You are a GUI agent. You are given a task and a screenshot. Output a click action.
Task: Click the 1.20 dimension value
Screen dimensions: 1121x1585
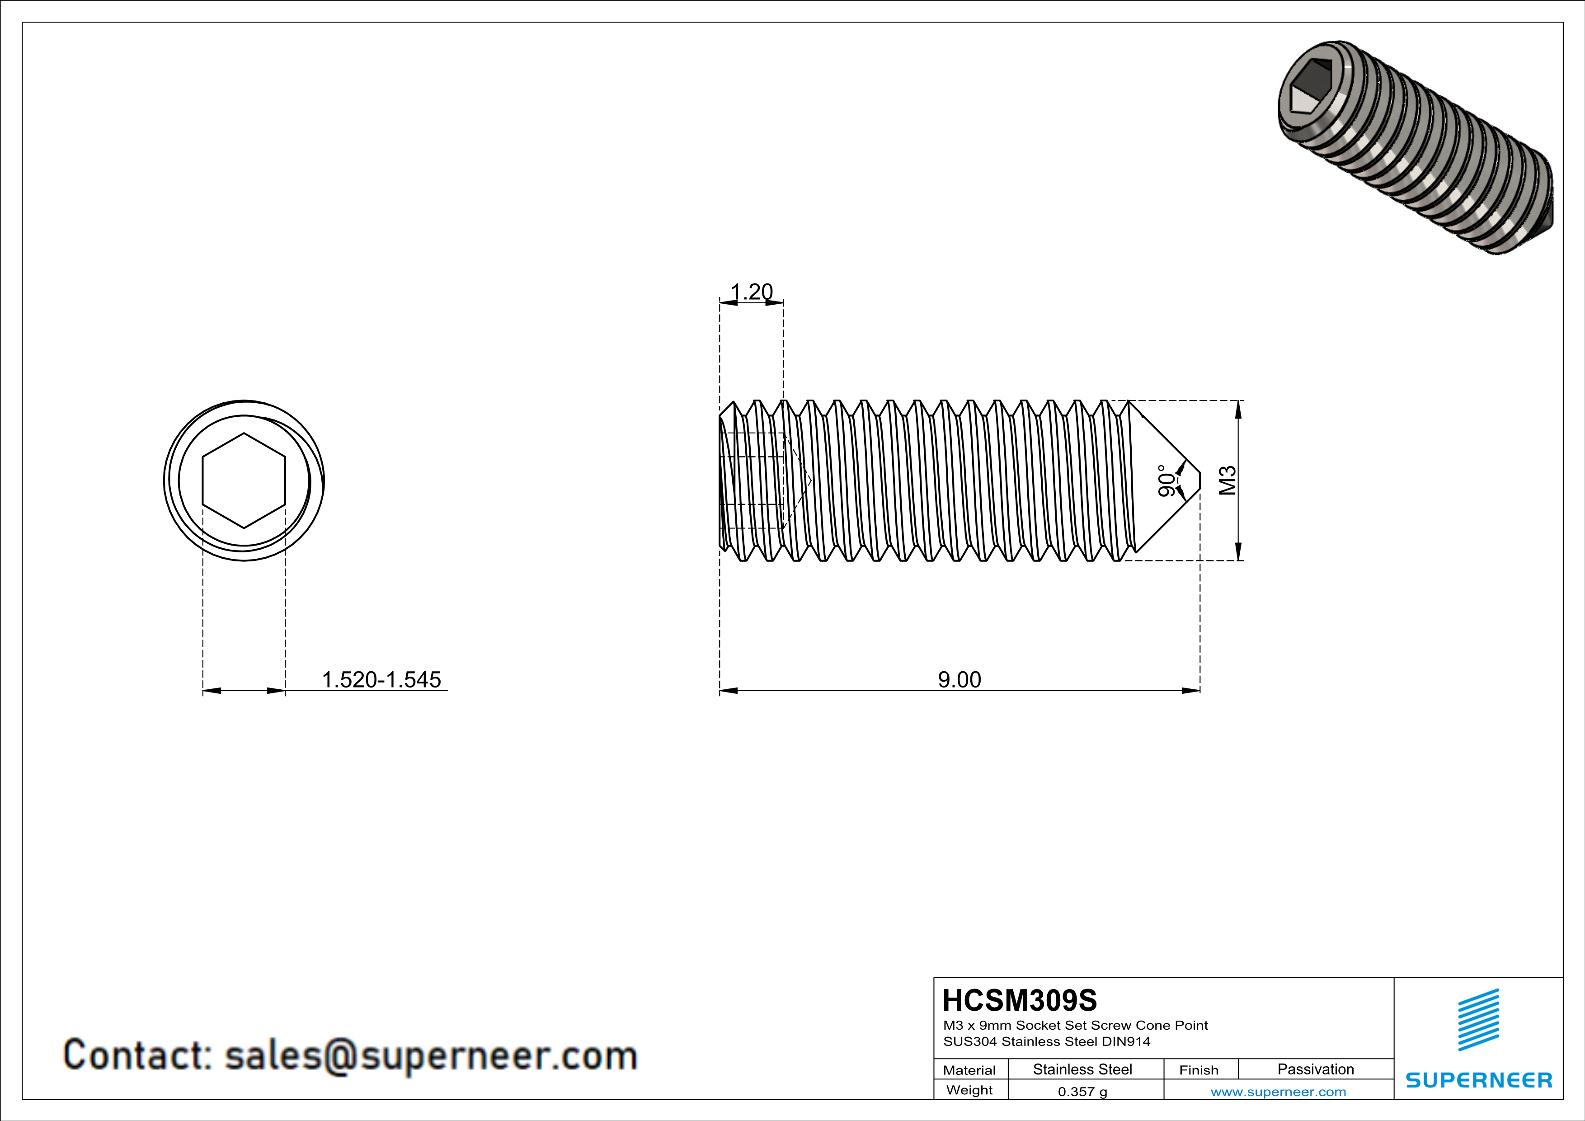[x=752, y=292]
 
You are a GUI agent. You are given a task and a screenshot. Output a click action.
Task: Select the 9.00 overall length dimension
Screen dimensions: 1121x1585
[x=959, y=680]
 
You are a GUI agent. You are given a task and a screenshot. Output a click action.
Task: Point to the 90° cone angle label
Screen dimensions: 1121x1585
[x=1166, y=481]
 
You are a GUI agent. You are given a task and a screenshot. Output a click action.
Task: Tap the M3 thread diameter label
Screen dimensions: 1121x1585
[x=1228, y=480]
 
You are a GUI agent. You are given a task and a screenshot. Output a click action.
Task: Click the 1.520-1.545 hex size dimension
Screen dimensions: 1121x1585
[x=381, y=680]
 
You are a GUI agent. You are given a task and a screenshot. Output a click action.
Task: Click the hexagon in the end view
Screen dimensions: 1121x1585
[x=244, y=480]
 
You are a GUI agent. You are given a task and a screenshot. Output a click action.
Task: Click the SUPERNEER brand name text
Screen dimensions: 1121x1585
[x=1479, y=1080]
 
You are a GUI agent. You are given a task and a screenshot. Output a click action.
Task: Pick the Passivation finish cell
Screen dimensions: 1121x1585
[x=1315, y=1069]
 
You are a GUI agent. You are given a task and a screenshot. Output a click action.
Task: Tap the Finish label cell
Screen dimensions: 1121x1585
[x=1199, y=1070]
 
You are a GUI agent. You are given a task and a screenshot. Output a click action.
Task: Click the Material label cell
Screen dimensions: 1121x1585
[x=969, y=1070]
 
